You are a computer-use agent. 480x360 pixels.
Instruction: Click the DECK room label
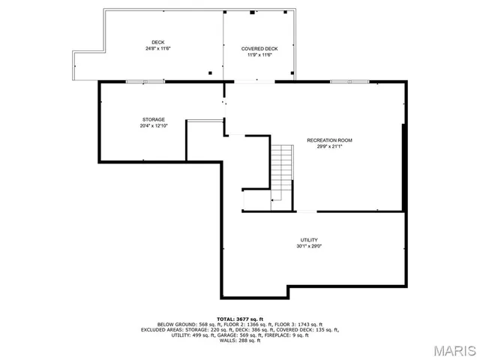pos(158,42)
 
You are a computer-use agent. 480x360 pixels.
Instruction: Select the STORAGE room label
pos(154,120)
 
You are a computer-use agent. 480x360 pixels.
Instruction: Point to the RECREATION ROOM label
pos(329,140)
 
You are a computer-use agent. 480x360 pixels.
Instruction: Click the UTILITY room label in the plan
pos(310,240)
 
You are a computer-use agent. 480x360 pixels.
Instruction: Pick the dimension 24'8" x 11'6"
pos(158,49)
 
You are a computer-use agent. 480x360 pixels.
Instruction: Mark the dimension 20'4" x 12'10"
pos(154,126)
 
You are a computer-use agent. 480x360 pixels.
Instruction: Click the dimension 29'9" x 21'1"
pos(329,146)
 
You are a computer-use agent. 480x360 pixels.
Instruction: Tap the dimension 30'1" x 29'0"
pos(310,246)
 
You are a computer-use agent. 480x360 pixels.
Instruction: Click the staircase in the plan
pos(280,169)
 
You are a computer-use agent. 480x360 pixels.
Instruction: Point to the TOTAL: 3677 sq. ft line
pos(239,319)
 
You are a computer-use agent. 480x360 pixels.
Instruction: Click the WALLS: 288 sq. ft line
pos(239,340)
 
